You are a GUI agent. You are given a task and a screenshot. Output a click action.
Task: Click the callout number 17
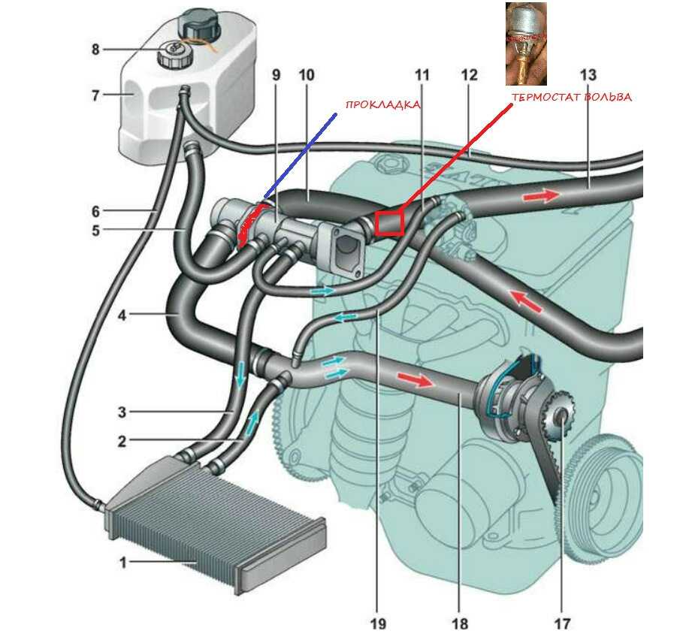tap(562, 623)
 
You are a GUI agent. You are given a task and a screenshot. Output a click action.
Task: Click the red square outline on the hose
tap(390, 223)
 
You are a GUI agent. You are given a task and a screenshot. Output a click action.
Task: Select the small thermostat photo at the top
tap(526, 44)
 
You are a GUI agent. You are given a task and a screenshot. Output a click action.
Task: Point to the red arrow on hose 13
tap(541, 195)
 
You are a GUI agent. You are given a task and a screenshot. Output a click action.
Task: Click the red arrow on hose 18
tap(415, 379)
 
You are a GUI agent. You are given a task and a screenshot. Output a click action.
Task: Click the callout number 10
tap(307, 75)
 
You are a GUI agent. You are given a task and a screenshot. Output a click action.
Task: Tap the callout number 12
tap(470, 75)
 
